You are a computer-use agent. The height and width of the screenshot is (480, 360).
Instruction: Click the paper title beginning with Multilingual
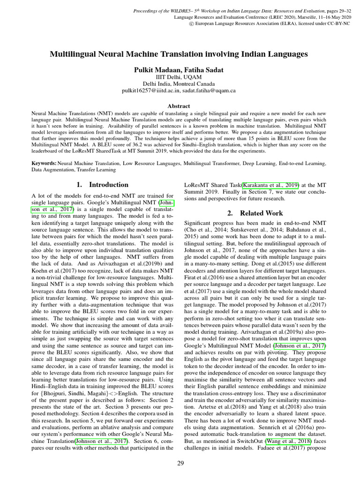coord(179,54)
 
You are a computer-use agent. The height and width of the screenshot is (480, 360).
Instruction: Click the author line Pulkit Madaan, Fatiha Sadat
coord(179,70)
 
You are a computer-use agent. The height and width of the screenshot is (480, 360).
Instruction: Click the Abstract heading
coord(179,106)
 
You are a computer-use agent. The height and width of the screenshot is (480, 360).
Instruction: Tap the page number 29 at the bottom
coord(180,464)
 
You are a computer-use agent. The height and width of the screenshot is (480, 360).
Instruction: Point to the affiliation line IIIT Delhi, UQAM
coord(179,77)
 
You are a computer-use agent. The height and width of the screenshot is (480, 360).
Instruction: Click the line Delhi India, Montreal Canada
coord(179,83)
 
